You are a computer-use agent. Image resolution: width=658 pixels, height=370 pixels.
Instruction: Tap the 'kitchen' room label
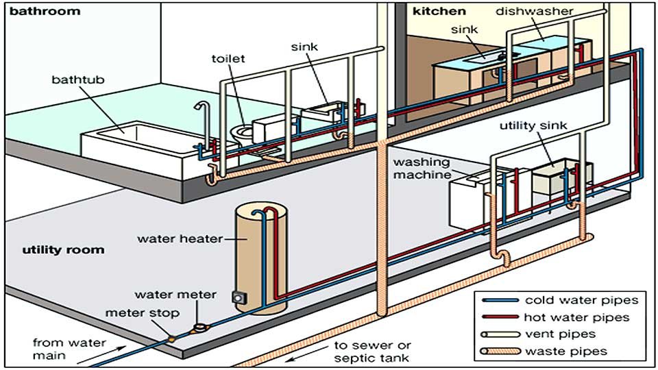tap(439, 11)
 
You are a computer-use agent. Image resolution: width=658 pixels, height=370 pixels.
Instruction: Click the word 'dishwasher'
tap(544, 11)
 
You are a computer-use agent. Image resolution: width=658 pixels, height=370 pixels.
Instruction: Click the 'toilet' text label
tap(228, 58)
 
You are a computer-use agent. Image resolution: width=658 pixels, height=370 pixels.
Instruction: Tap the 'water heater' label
tap(180, 239)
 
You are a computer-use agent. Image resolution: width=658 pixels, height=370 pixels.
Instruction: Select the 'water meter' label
tap(175, 295)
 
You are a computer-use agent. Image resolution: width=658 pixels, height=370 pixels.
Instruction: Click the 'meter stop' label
tap(143, 313)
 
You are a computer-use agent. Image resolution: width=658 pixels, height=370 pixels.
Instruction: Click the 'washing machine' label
tap(422, 169)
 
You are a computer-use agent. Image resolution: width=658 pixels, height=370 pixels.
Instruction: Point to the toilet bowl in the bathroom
tap(241, 132)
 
